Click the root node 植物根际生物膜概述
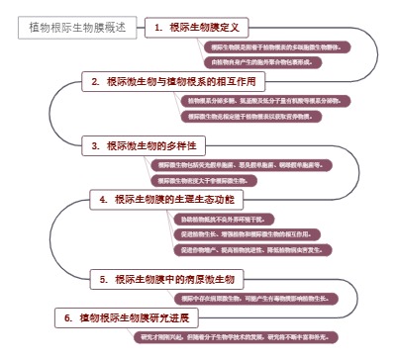point(77,29)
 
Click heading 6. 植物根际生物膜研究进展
point(124,318)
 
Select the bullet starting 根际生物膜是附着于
point(267,47)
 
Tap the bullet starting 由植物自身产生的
point(261,61)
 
